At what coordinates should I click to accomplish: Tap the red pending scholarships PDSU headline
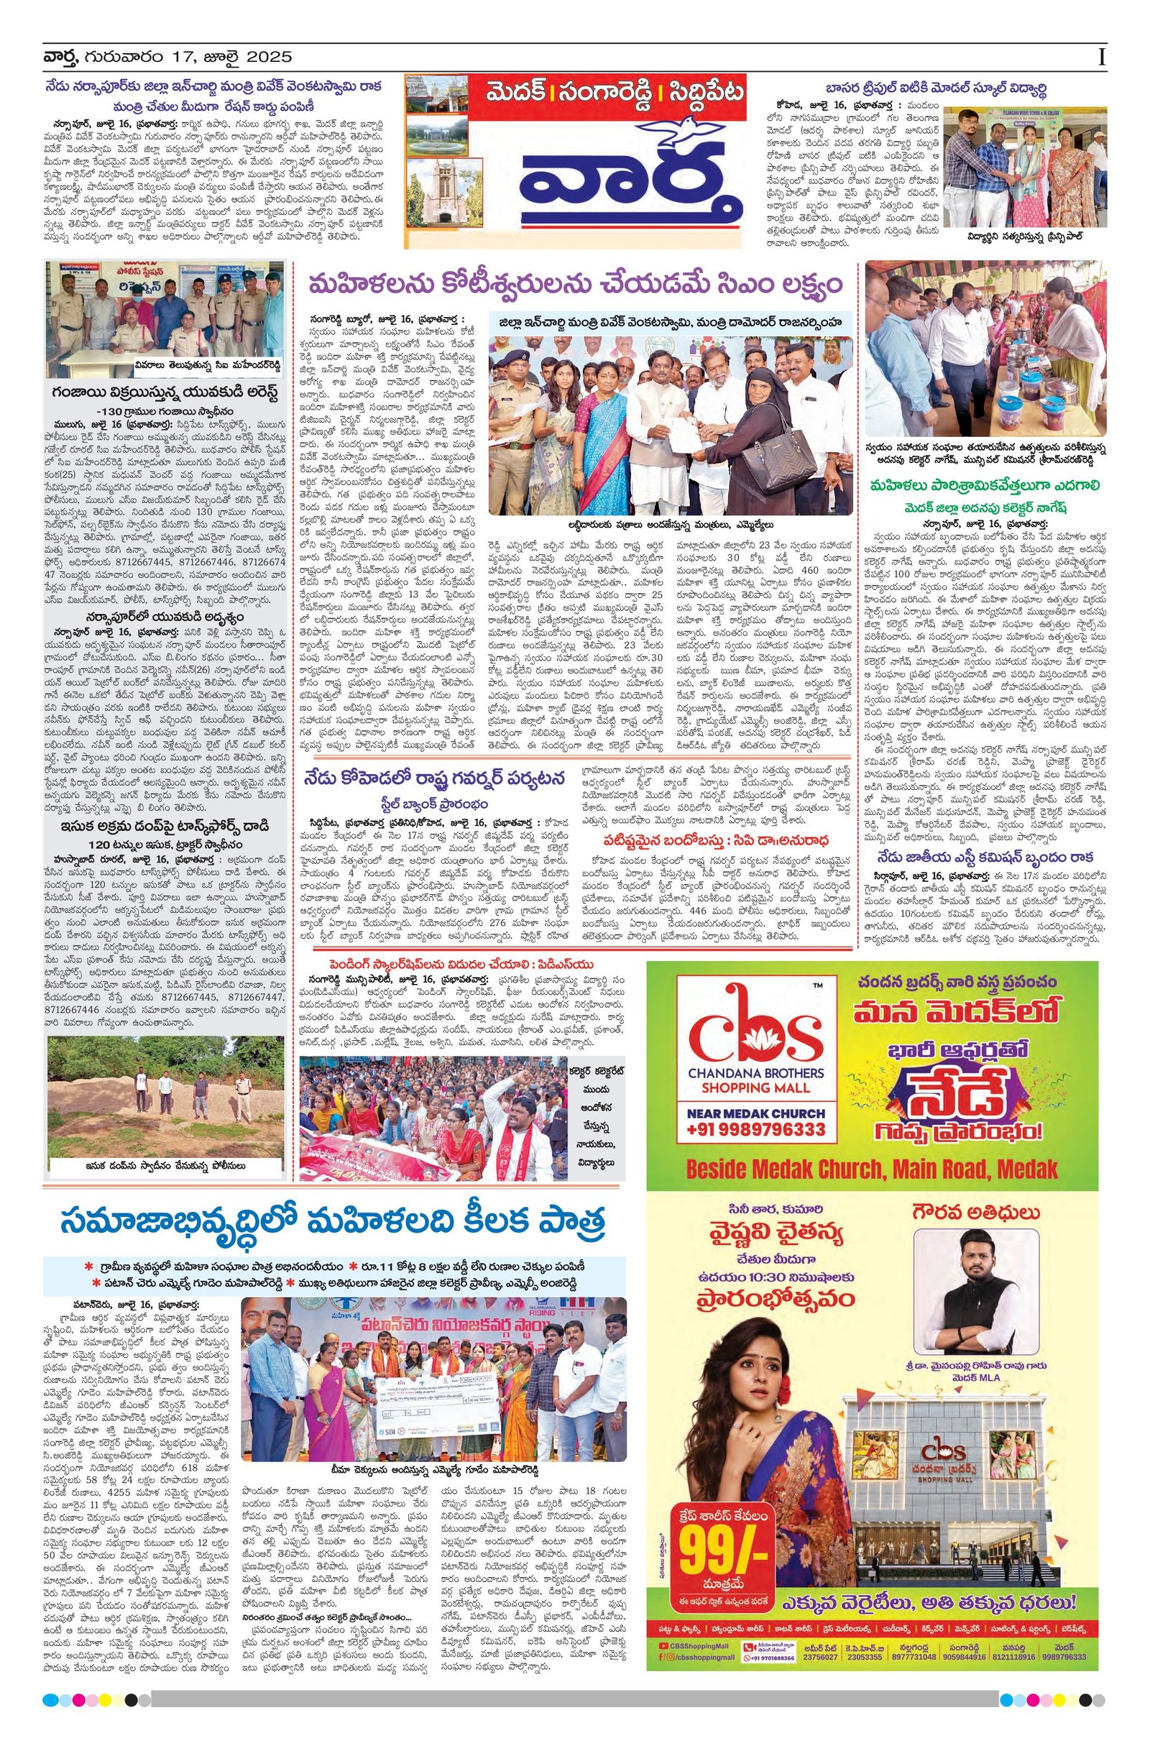coord(460,965)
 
